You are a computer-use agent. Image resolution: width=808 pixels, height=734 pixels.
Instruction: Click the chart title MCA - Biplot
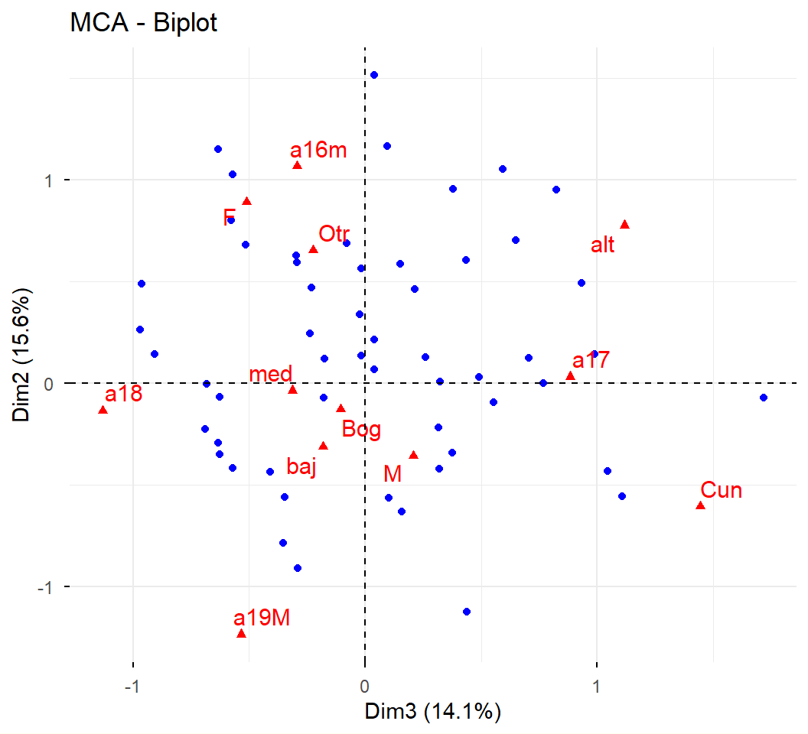tap(144, 23)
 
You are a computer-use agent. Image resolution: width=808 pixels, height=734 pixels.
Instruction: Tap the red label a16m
tap(318, 150)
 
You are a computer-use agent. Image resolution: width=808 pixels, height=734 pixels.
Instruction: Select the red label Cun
tap(721, 490)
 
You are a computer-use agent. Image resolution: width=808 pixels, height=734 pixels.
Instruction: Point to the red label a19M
tap(262, 618)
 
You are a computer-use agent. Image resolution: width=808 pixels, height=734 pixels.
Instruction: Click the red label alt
tap(603, 246)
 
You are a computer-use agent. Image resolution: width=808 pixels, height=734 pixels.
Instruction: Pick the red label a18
tap(123, 395)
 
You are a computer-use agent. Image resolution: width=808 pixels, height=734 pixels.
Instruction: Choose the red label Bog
tap(361, 430)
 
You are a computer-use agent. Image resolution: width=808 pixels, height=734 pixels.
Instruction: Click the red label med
tap(271, 375)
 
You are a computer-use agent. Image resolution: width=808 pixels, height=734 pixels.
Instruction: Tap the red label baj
tap(301, 467)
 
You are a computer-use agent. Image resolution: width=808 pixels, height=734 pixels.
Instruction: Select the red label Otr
tap(334, 234)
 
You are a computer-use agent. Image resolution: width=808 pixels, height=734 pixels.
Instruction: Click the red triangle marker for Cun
tap(700, 505)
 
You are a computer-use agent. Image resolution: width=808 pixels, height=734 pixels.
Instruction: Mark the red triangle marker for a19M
tap(241, 634)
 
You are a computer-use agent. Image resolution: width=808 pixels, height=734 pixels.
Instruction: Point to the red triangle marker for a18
tap(103, 411)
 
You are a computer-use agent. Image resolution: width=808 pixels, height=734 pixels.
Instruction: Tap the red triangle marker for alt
tap(624, 224)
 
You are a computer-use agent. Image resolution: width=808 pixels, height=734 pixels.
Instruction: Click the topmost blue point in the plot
tap(373, 75)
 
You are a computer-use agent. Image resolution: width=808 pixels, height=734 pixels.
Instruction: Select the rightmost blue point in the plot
tap(763, 398)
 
